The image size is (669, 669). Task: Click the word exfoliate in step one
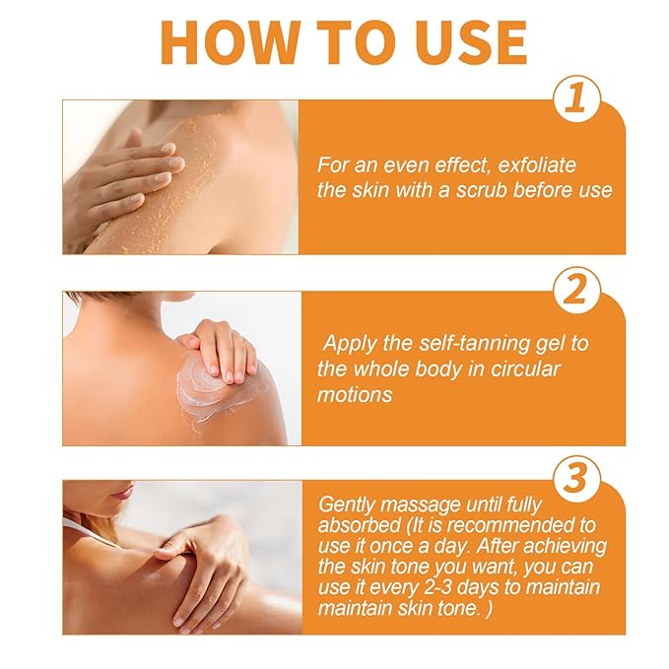537,165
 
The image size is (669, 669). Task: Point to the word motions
355,395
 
